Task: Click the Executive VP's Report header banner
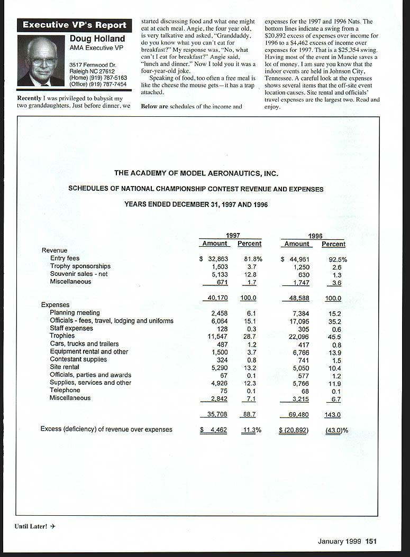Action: [74, 25]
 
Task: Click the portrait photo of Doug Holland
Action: [41, 61]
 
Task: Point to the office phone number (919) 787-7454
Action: [98, 84]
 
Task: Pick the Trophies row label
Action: [62, 336]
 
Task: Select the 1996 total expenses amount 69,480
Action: [298, 415]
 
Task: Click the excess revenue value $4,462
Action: [214, 430]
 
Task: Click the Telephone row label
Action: [65, 390]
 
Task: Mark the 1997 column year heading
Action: [233, 235]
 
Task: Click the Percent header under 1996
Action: [333, 244]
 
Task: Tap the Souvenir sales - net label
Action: [78, 274]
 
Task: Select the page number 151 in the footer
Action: [370, 541]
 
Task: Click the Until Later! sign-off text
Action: [31, 526]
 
